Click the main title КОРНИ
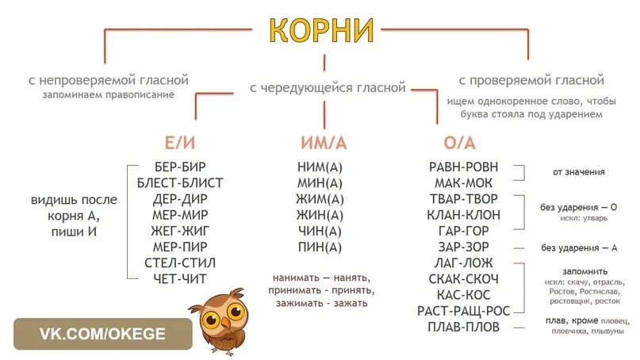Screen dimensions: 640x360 tap(320, 30)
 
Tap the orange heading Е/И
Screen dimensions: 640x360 tap(179, 144)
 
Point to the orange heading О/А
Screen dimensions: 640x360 tap(460, 144)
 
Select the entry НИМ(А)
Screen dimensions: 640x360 tap(320, 167)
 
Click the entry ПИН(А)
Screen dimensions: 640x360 tap(320, 247)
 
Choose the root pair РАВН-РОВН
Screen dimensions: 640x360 tap(464, 167)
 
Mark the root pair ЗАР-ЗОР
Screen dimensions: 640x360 tap(464, 247)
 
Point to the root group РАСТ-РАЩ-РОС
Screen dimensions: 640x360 tap(464, 310)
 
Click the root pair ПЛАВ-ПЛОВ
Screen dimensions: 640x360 tap(464, 326)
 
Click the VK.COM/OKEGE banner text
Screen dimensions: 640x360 tap(103, 334)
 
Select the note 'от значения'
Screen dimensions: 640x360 tap(578, 172)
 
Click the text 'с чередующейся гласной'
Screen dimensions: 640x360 tap(328, 88)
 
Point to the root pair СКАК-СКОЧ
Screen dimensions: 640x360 tap(464, 278)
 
